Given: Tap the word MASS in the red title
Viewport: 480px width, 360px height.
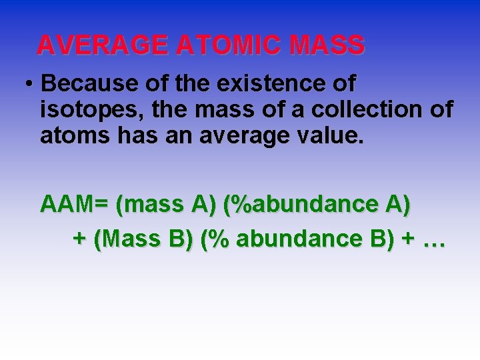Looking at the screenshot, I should pos(327,45).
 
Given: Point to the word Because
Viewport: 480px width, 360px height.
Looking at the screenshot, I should pos(83,85).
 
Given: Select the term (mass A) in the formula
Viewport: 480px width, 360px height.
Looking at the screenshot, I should pos(165,204).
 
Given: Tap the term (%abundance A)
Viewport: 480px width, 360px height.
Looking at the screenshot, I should pos(317,204).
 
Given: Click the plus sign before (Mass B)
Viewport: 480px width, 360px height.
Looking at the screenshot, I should pos(79,239).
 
